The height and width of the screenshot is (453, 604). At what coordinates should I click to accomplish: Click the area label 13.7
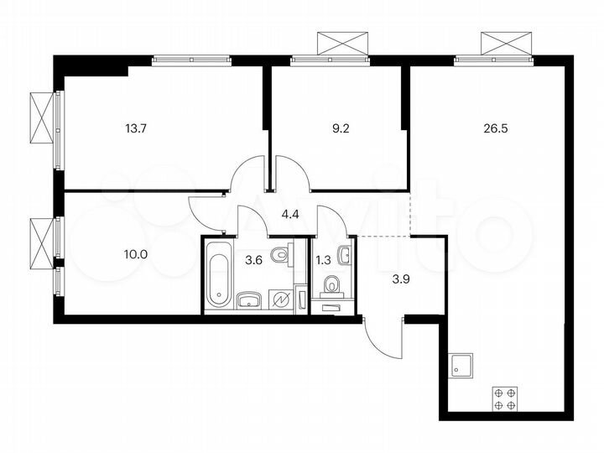135,129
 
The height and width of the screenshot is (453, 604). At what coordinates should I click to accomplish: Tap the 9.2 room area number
339,129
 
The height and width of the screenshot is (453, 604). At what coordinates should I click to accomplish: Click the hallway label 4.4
290,214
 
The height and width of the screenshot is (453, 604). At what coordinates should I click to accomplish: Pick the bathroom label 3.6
253,260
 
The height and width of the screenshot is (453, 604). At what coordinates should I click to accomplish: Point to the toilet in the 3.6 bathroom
284,254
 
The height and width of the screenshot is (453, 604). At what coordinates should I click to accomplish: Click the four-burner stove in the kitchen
504,398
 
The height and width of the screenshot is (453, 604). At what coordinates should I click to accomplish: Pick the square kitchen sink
461,364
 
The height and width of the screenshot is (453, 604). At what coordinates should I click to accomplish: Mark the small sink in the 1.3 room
346,253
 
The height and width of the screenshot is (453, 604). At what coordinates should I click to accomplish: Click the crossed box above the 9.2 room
342,43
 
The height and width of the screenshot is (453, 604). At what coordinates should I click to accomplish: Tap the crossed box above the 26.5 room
507,43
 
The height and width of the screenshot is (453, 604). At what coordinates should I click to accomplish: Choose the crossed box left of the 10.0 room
41,237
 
